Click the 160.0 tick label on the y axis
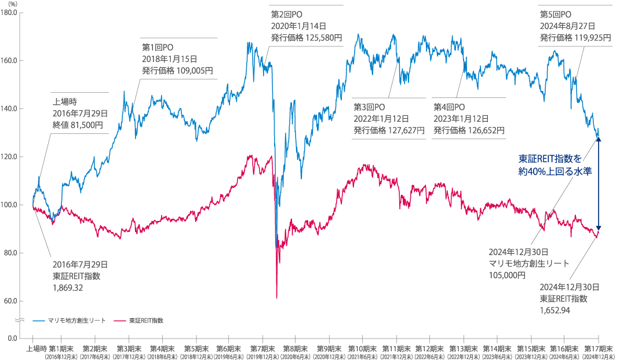[x=9, y=60]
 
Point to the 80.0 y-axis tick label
[x=10, y=253]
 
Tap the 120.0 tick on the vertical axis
[x=9, y=157]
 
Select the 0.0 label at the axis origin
[x=11, y=336]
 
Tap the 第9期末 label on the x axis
[x=329, y=348]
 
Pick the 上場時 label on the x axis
[x=36, y=348]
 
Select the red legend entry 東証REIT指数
[x=145, y=320]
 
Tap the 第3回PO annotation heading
[x=369, y=107]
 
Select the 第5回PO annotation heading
[x=556, y=14]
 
